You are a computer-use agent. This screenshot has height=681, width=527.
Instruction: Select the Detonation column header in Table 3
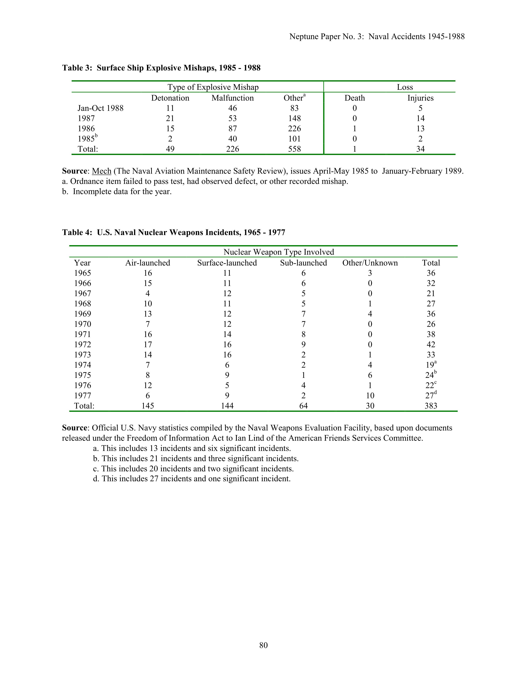[x=170, y=98]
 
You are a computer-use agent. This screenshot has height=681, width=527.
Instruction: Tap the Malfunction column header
[x=232, y=98]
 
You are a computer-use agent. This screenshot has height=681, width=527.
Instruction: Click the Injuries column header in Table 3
[x=420, y=98]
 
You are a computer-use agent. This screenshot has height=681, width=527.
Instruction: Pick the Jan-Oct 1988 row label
[x=100, y=108]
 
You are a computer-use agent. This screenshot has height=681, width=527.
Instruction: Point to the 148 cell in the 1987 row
[x=294, y=118]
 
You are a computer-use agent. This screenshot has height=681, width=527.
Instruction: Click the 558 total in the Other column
[x=294, y=149]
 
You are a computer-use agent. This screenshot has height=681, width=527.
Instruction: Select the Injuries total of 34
[x=420, y=149]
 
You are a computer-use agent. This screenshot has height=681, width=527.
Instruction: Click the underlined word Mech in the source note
[x=101, y=171]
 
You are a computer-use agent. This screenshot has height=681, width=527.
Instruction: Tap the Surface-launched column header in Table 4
[x=227, y=263]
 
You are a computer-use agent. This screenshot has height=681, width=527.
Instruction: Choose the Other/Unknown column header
[x=370, y=263]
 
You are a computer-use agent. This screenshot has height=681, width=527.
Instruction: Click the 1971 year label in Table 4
[x=82, y=334]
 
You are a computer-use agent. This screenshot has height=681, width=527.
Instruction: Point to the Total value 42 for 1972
[x=431, y=345]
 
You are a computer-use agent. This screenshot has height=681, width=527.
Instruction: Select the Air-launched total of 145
[x=148, y=406]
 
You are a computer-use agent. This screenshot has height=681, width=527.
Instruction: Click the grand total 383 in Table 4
[x=431, y=406]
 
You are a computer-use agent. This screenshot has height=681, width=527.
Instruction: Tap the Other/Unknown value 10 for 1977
[x=370, y=396]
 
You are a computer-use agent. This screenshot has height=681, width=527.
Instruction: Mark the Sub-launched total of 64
[x=303, y=406]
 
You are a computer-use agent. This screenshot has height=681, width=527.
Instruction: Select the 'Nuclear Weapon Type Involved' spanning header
[x=279, y=252]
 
